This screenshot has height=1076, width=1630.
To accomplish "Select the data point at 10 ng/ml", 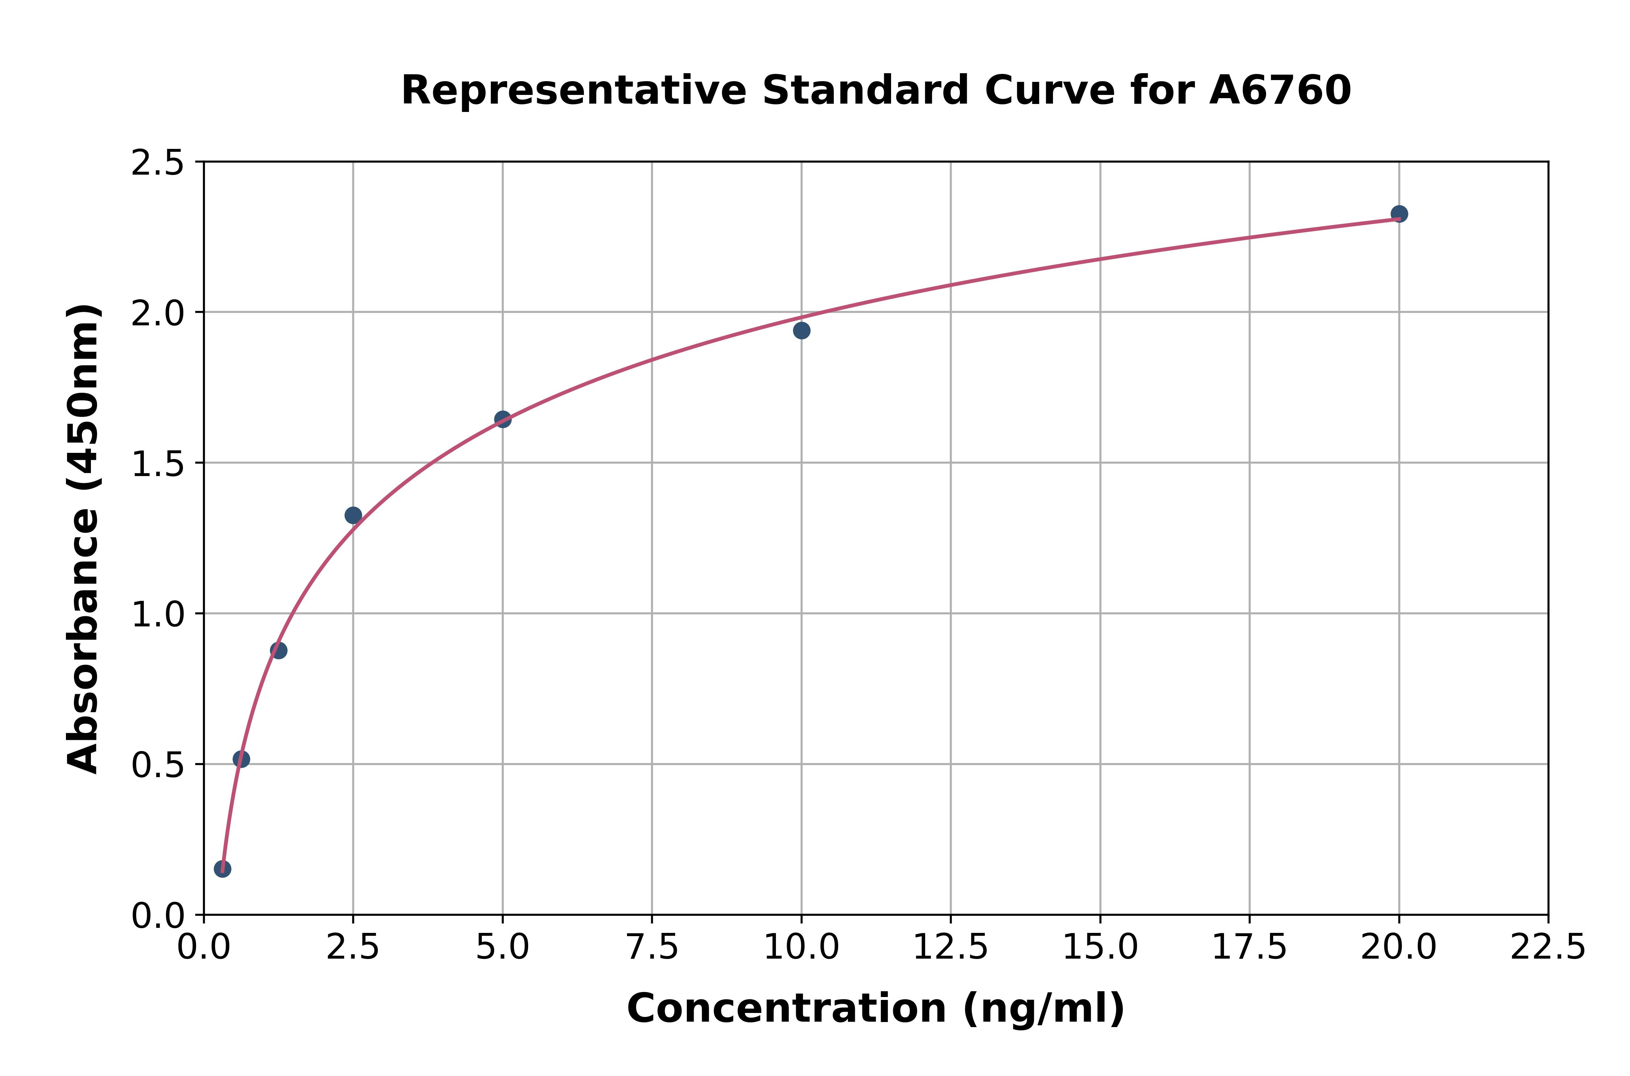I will tap(801, 331).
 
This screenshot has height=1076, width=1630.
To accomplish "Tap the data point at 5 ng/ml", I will tap(503, 419).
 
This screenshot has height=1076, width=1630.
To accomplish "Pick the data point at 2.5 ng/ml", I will tap(353, 515).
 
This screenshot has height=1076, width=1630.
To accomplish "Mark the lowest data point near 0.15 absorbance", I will tap(222, 869).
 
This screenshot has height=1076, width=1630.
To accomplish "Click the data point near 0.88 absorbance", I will tap(279, 651).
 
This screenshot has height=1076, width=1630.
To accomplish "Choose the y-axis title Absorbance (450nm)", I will tap(84, 539).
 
